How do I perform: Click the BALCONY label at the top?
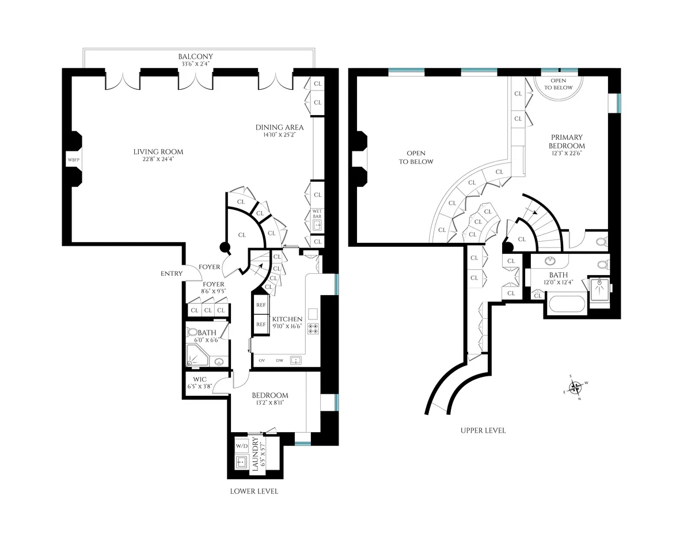click(195, 56)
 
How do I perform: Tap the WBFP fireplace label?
click(73, 159)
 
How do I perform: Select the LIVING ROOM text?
click(158, 152)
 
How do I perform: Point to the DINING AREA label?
click(279, 128)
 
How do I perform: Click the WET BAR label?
click(317, 214)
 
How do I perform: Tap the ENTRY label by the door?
click(172, 273)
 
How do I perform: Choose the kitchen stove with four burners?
click(314, 329)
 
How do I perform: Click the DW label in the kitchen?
click(279, 361)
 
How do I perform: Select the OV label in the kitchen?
click(261, 361)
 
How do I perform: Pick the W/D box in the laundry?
click(241, 446)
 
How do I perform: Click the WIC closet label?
click(200, 379)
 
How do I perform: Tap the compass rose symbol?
click(575, 387)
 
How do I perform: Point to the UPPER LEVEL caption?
click(483, 430)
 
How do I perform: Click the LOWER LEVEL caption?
click(254, 491)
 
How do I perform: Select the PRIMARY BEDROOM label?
click(567, 142)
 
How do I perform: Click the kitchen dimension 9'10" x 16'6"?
click(287, 326)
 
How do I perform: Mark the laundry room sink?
click(242, 463)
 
